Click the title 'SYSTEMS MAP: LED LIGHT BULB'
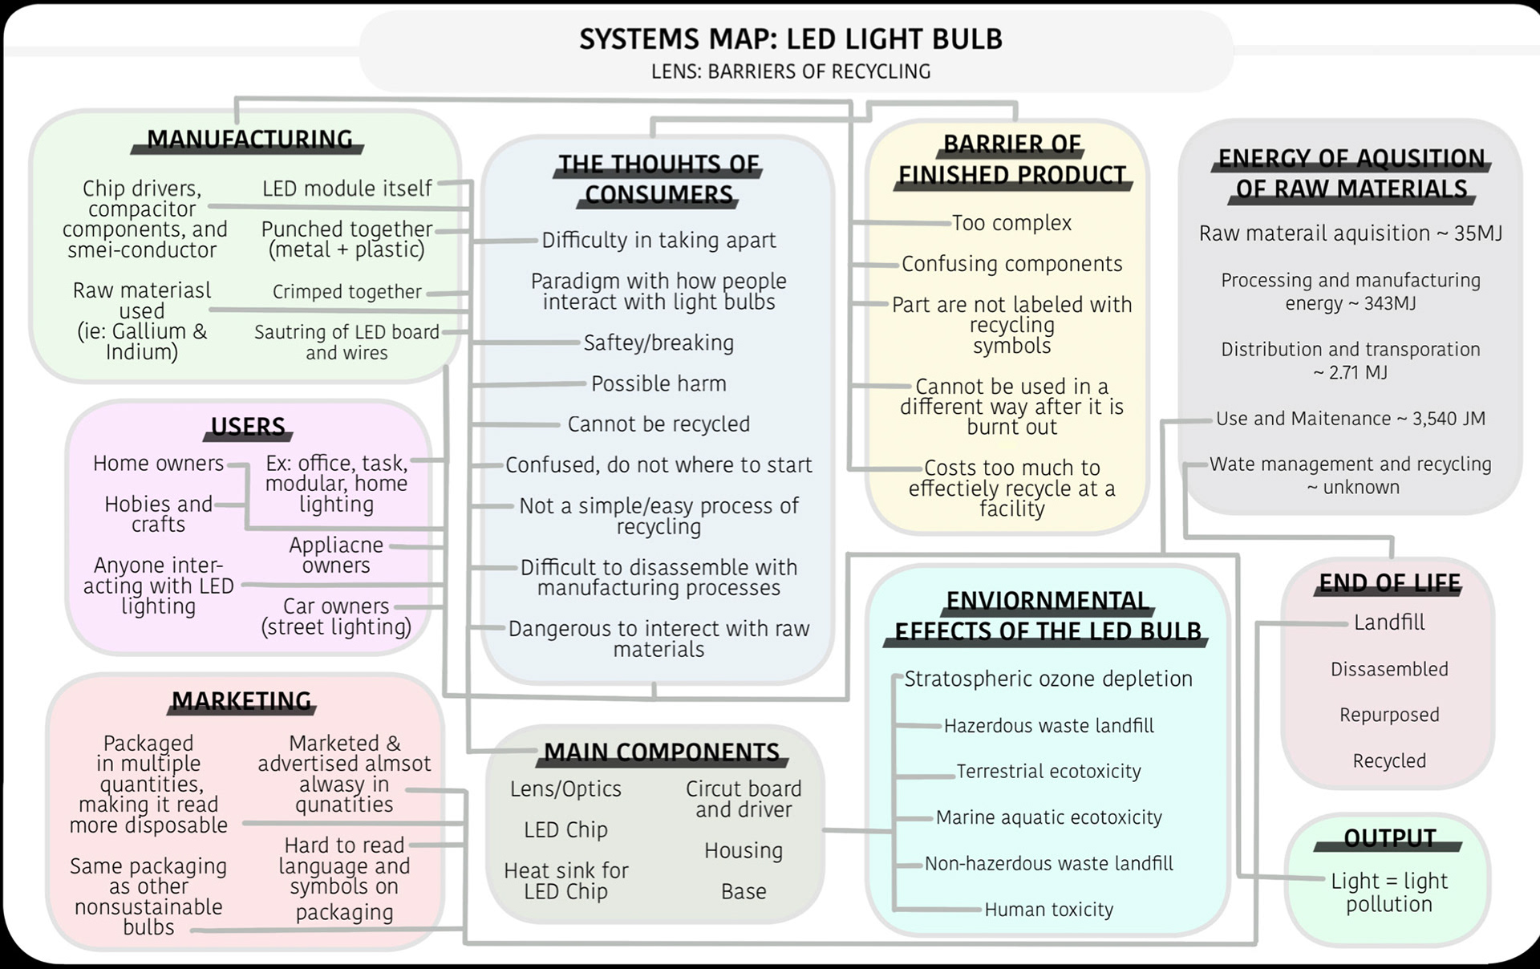coord(791,39)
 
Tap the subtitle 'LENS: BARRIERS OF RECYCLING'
coord(791,71)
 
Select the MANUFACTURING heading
coord(249,140)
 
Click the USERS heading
coord(248,426)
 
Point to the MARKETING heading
coord(241,701)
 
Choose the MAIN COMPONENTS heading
coord(662,752)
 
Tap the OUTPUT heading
coord(1389,838)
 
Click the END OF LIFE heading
coord(1389,582)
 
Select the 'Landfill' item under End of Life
coord(1389,622)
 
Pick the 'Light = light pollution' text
coord(1389,892)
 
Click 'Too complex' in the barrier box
coord(1011,223)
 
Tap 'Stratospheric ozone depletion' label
coord(1048,679)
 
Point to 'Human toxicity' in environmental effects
coord(1048,910)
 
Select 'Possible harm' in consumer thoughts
coord(659,383)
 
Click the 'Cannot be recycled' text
coord(659,424)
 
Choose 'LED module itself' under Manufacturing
coord(347,189)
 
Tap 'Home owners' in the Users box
coord(158,464)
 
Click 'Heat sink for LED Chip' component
coord(565,881)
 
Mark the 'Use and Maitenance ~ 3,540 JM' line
coord(1351,419)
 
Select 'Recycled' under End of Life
coord(1389,760)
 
